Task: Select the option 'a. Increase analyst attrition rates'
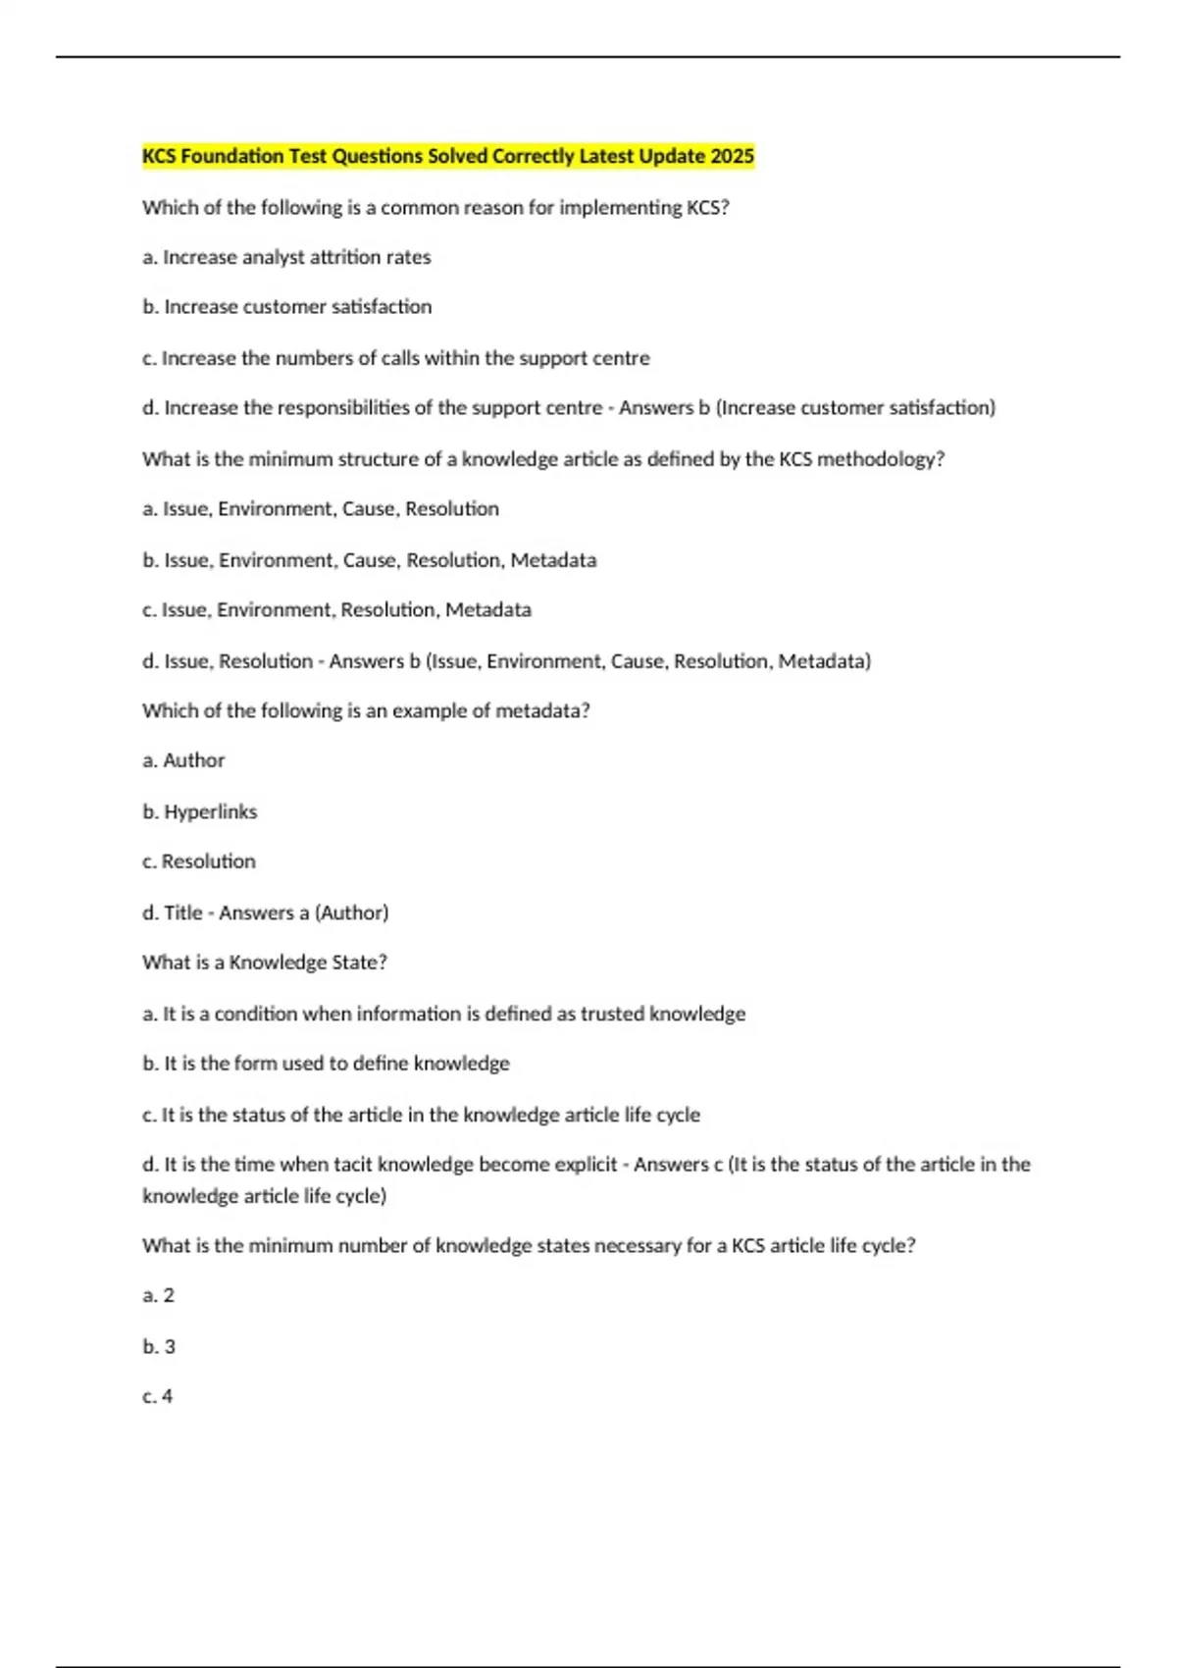[286, 257]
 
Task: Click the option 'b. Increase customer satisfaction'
[286, 307]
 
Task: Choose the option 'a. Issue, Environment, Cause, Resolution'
[321, 509]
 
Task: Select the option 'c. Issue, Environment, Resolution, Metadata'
[336, 610]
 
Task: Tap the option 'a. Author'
[183, 760]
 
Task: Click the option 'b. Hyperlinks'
[199, 811]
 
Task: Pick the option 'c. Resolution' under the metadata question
[198, 861]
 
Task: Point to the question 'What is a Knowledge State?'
[265, 963]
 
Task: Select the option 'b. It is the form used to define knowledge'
[326, 1064]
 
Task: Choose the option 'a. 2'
[158, 1296]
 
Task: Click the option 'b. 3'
[159, 1347]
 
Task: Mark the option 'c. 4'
[157, 1396]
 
